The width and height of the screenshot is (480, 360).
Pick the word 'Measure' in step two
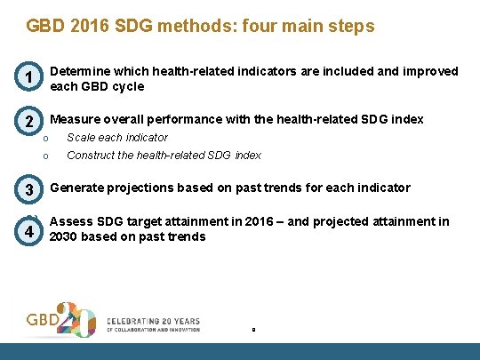(76, 119)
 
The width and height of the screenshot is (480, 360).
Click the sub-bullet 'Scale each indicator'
(117, 138)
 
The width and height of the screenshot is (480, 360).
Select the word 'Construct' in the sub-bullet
(93, 155)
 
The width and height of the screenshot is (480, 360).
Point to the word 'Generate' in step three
(77, 188)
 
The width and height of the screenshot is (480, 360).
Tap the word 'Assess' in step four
(70, 221)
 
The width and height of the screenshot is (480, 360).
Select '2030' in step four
(66, 236)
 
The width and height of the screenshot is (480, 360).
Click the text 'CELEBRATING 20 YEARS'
(153, 321)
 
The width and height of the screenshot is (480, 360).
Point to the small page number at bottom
(253, 330)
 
